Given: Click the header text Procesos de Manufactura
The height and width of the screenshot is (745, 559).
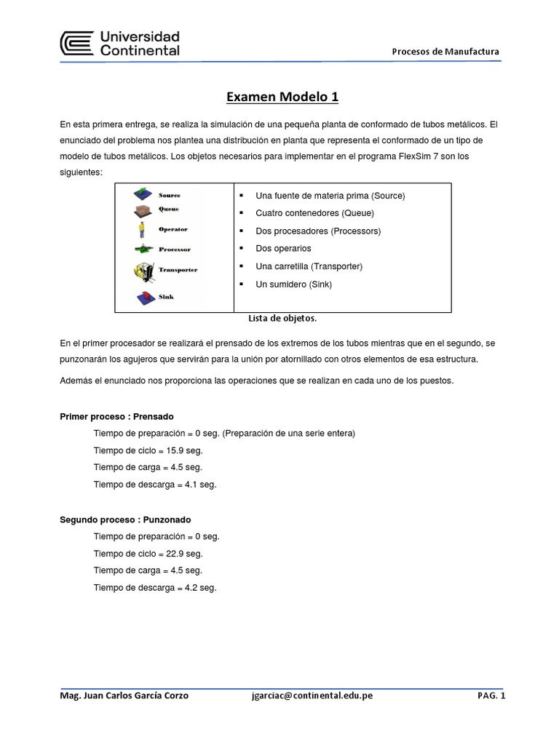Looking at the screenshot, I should click(x=445, y=51).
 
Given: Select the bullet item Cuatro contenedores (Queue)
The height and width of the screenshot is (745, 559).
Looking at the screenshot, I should click(x=314, y=213).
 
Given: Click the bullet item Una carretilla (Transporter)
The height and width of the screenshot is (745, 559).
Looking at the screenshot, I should click(x=309, y=266).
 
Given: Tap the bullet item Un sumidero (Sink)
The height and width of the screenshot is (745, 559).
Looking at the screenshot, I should click(x=293, y=284).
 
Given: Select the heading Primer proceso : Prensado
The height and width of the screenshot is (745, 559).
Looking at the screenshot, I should click(x=116, y=417).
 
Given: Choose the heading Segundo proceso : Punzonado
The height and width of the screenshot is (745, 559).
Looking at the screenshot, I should click(x=124, y=519).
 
